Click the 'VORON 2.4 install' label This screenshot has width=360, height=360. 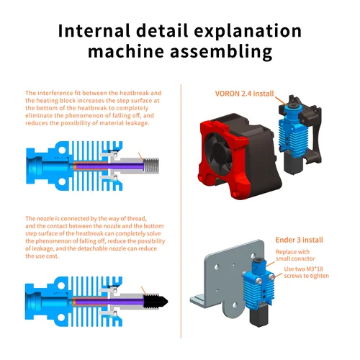point(243,94)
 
